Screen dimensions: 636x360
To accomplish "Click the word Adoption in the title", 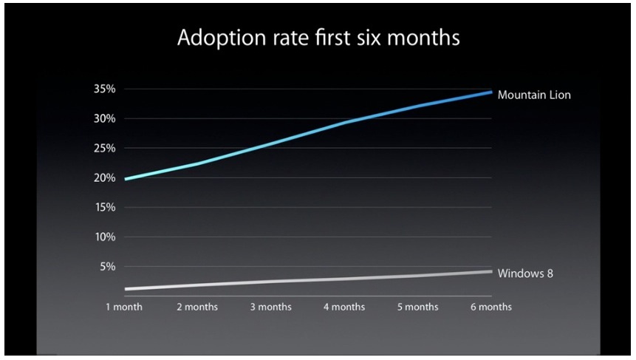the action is point(221,38).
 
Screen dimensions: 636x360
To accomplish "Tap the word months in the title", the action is point(423,38).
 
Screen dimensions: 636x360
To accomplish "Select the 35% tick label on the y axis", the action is point(105,89).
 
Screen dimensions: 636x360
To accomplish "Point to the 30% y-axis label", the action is point(105,118).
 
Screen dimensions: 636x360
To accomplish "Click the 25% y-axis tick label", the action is point(105,148).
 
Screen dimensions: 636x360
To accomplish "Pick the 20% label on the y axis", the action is point(105,177).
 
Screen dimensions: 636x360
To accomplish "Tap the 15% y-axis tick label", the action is point(105,208).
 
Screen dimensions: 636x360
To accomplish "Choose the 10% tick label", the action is point(105,237).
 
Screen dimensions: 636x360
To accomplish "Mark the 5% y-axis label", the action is point(108,267).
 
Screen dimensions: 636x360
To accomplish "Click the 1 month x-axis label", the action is point(124,307).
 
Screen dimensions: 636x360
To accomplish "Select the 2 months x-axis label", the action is point(197,307).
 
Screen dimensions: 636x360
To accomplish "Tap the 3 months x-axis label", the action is point(270,307).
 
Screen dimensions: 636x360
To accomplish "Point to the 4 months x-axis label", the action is point(344,307).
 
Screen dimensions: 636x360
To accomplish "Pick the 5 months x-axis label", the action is point(418,307).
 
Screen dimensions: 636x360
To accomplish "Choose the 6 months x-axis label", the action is point(491,307).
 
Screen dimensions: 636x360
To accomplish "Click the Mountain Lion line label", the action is point(534,95).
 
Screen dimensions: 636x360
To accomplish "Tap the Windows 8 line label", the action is point(525,274).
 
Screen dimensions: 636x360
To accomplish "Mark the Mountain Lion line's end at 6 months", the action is point(491,92).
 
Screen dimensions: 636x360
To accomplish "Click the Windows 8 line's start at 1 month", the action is point(126,289).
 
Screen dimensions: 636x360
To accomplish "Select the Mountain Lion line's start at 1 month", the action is point(126,179).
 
